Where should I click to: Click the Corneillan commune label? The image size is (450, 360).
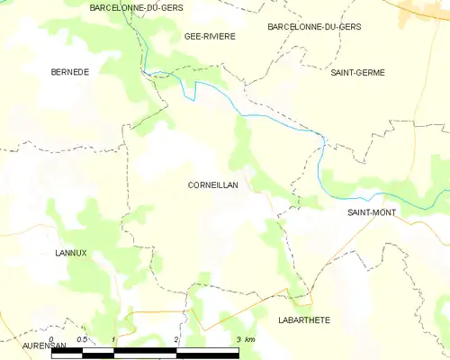coord(212,184)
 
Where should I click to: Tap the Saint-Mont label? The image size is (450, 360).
coord(373,212)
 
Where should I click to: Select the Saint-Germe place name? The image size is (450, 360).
coord(357,72)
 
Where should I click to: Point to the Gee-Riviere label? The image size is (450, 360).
coord(210,37)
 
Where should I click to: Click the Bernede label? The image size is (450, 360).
coord(70,72)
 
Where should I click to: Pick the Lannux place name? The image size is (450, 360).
coord(70,253)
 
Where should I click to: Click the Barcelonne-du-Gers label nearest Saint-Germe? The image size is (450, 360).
coord(314,27)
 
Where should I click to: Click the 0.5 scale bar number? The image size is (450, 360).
coord(82,339)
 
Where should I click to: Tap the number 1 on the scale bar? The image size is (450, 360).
coord(113,339)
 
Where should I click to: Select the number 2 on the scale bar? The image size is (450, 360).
coord(176,339)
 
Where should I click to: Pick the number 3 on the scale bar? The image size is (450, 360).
coord(238,339)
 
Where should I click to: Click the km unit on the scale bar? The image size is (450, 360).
coord(251,339)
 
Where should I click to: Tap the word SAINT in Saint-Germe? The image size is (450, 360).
coord(343,72)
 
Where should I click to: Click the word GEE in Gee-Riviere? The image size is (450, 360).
coord(192,37)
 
